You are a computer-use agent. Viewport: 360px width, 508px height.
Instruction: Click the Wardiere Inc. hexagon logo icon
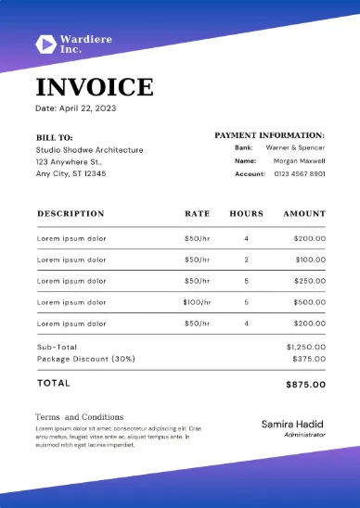45,43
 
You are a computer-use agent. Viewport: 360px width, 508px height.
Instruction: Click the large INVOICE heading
95,87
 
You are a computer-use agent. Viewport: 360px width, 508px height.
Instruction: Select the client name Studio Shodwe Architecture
89,149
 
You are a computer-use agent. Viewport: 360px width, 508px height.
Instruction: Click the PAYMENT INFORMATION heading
269,135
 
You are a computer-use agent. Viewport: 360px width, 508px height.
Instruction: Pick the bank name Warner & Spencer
295,147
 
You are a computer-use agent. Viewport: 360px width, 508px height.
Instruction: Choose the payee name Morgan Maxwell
299,160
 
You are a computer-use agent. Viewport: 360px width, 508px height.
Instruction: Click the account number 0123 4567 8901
299,173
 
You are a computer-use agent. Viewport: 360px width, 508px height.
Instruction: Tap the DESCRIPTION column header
71,213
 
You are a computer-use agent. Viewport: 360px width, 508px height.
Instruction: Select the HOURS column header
246,213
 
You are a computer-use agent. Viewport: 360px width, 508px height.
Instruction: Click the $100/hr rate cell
197,302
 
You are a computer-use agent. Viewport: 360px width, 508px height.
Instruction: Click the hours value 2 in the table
246,260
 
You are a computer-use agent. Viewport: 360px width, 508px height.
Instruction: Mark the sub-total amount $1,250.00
306,346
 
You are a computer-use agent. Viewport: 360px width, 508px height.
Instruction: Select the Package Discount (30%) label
86,358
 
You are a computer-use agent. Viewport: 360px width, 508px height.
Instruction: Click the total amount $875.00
305,383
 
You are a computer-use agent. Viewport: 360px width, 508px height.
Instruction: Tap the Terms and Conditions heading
79,417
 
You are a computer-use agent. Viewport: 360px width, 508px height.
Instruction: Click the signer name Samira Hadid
293,424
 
